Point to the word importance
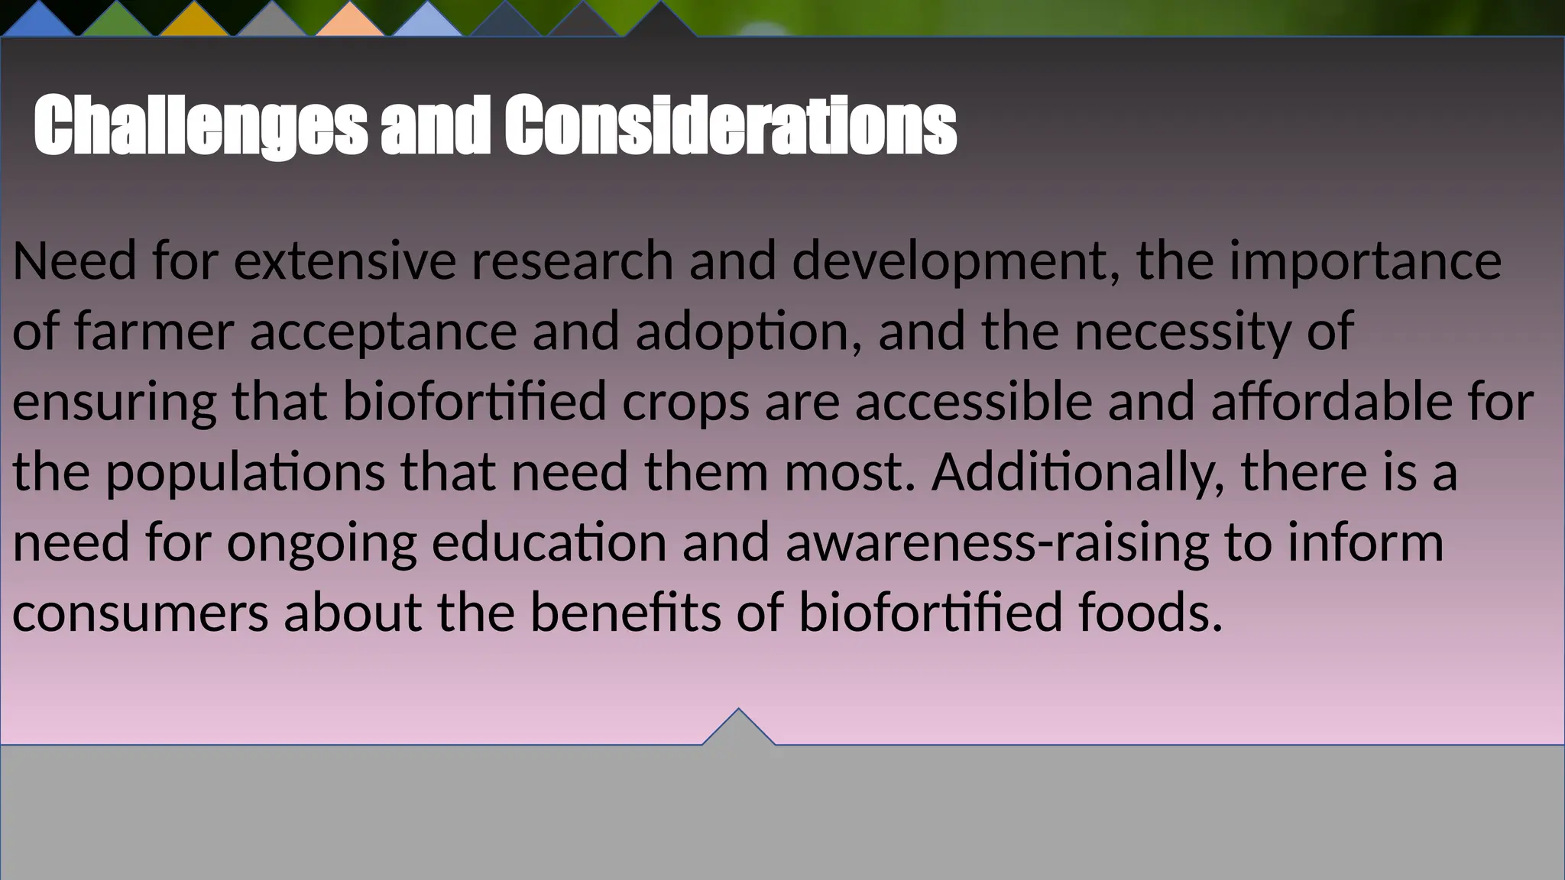(1365, 261)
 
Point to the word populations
(245, 472)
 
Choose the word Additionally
(1078, 472)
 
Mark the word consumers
(141, 613)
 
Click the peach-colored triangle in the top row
(350, 23)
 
